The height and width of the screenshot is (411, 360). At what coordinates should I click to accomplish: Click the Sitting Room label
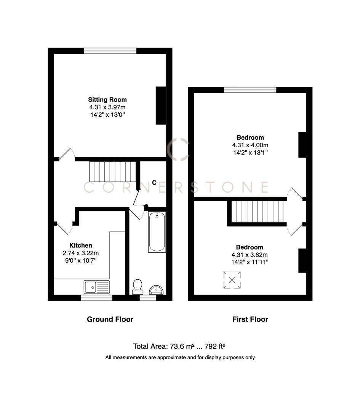point(107,100)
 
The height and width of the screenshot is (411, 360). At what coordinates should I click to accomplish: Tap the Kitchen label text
point(80,245)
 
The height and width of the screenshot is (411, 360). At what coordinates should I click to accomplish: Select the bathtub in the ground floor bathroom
point(157,233)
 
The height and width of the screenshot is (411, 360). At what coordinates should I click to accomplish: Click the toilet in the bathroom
point(138,287)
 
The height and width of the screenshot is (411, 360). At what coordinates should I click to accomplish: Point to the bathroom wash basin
point(157,290)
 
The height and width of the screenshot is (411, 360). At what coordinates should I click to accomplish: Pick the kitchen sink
point(96,287)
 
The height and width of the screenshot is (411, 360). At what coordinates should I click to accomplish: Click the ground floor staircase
point(112,172)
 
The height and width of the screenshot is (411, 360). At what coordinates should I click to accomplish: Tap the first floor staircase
point(258,211)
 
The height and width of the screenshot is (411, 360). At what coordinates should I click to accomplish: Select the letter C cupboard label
point(154,182)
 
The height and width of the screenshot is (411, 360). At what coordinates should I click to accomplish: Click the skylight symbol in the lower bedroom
point(232,280)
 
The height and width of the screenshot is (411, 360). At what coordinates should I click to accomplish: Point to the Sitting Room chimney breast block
point(161,105)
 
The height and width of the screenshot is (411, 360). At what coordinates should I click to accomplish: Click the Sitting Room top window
point(110,51)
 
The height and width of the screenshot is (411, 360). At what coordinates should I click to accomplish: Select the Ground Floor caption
point(110,319)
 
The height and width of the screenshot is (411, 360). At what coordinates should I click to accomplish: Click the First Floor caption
point(250,319)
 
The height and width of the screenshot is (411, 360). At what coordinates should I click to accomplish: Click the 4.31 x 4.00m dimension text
point(250,145)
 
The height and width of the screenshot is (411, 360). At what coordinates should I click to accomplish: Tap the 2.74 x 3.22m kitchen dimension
point(81,253)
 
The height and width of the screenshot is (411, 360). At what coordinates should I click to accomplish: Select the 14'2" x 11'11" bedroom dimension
point(250,262)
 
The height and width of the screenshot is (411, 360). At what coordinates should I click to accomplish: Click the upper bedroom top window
point(250,90)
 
